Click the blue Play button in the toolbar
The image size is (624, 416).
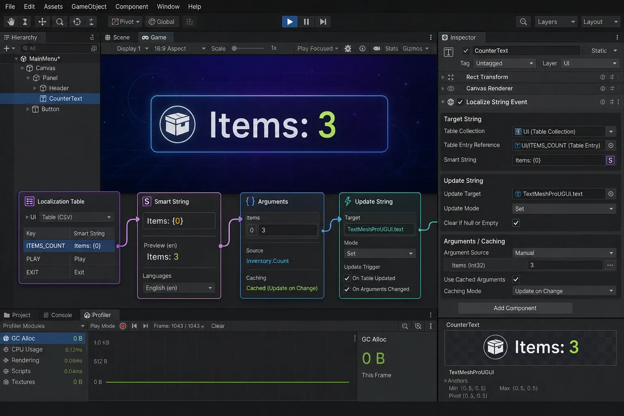coord(290,22)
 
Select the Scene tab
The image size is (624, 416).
coord(117,37)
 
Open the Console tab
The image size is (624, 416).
coord(58,315)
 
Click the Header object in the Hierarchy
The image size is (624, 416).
coord(59,88)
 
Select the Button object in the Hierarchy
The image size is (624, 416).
coord(50,109)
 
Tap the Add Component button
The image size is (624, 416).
coord(515,308)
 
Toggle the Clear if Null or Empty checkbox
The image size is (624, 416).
coord(516,223)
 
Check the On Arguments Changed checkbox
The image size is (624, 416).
coord(347,289)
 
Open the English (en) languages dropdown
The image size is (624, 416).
coord(179,288)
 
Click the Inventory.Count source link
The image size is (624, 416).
coord(267,261)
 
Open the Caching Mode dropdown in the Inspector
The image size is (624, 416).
coord(564,291)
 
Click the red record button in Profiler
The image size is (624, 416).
coord(123,326)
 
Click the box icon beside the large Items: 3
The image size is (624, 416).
coord(178,124)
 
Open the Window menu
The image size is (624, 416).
coord(168,6)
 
